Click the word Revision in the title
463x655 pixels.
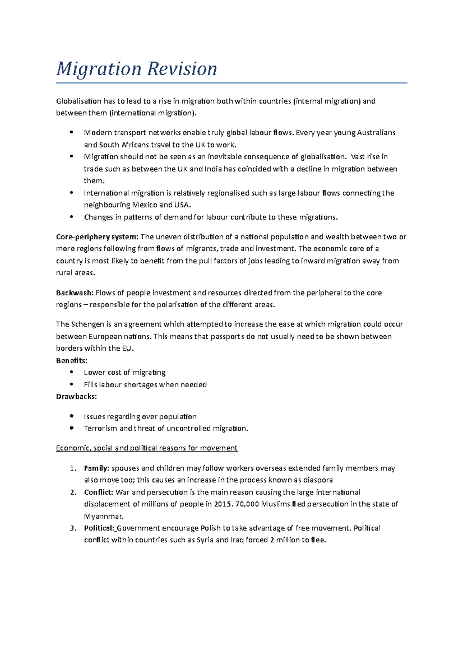(182, 69)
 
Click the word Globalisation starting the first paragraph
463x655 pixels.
(79, 101)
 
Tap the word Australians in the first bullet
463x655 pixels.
(376, 133)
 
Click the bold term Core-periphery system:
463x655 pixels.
(97, 237)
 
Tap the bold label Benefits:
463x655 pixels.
(72, 361)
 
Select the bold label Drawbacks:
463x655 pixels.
(76, 397)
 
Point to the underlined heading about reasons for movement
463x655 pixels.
(147, 448)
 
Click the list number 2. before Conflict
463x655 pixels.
(73, 493)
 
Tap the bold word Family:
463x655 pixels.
(96, 468)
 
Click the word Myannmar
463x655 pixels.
(103, 517)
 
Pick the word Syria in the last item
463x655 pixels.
(205, 540)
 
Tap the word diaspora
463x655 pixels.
(318, 480)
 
